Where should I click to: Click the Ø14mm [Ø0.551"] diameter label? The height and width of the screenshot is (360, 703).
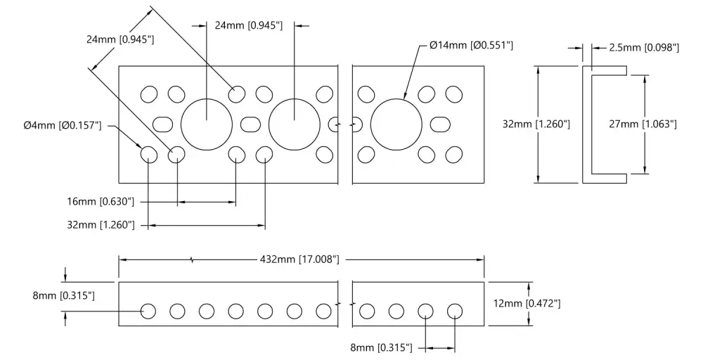tap(471, 45)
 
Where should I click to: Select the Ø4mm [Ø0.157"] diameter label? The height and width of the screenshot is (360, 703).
tap(63, 125)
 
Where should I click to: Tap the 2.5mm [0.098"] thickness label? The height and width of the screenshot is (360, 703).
tap(644, 48)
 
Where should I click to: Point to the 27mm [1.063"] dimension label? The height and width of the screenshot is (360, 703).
tap(643, 124)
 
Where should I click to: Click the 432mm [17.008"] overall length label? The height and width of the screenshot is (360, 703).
tap(299, 259)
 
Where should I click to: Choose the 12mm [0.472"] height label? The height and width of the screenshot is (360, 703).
tap(527, 304)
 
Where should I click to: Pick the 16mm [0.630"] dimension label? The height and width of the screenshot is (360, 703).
tap(101, 201)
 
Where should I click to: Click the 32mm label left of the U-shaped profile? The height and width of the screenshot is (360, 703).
tap(536, 124)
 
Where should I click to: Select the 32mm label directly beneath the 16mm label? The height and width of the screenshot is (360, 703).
tap(101, 224)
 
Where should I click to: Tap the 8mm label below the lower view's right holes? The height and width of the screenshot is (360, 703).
tap(382, 347)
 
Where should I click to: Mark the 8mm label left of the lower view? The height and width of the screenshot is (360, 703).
tap(64, 295)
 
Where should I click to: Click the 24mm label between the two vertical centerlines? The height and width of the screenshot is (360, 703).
tap(249, 25)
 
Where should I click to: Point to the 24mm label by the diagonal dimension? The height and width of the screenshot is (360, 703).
tap(120, 39)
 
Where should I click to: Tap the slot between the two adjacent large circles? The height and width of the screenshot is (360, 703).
tap(251, 124)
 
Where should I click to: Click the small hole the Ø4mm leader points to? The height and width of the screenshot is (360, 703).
tap(149, 155)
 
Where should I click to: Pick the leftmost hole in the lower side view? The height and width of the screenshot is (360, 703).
tap(148, 311)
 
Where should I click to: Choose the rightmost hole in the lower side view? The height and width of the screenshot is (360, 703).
tap(455, 311)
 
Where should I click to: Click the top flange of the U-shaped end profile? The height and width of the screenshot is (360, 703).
tap(605, 70)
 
